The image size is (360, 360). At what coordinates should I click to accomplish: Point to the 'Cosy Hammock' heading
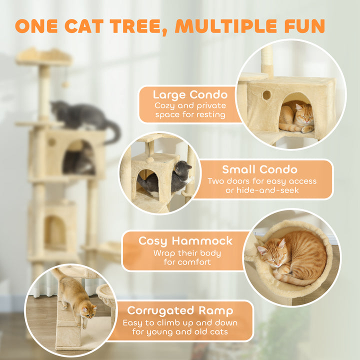185,240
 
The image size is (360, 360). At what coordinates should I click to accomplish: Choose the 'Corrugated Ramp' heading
180,310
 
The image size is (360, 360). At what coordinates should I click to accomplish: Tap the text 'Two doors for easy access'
262,181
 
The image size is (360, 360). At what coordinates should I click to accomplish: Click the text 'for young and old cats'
180,331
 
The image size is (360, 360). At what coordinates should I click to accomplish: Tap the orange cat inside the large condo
296,119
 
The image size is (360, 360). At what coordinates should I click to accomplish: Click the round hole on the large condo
266,95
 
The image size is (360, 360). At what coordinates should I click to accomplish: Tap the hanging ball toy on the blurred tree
65,84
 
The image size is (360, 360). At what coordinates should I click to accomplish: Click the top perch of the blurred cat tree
44,56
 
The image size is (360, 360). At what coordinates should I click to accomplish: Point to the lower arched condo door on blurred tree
54,233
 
